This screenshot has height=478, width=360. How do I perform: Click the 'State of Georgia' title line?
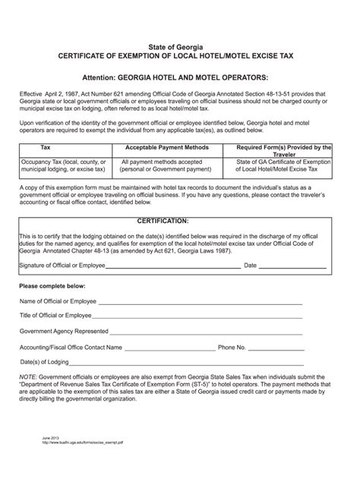[x=179, y=47]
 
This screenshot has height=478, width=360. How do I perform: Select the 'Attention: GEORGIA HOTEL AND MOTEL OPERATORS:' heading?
[x=179, y=77]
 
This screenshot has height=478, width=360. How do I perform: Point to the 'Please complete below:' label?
[x=52, y=286]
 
